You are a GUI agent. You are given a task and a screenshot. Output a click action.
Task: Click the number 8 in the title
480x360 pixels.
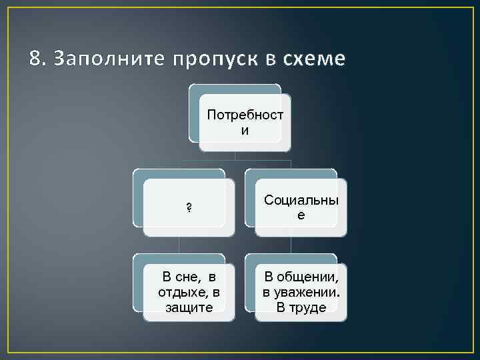click(x=35, y=60)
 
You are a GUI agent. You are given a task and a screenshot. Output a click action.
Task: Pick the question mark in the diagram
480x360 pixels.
click(x=189, y=207)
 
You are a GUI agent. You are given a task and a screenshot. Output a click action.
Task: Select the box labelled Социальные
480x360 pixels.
click(x=301, y=207)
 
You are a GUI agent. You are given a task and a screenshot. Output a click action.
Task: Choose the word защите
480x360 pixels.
click(x=189, y=307)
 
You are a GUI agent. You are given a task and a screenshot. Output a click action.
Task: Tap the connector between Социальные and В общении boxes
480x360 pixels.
click(x=291, y=245)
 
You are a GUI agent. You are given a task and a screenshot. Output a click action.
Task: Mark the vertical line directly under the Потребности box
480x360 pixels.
click(x=235, y=155)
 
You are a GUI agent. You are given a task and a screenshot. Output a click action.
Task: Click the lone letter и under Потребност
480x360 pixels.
click(x=245, y=130)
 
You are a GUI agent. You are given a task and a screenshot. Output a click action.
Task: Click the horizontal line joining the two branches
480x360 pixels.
click(x=235, y=161)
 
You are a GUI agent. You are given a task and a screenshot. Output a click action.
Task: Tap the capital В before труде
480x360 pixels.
click(x=281, y=307)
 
